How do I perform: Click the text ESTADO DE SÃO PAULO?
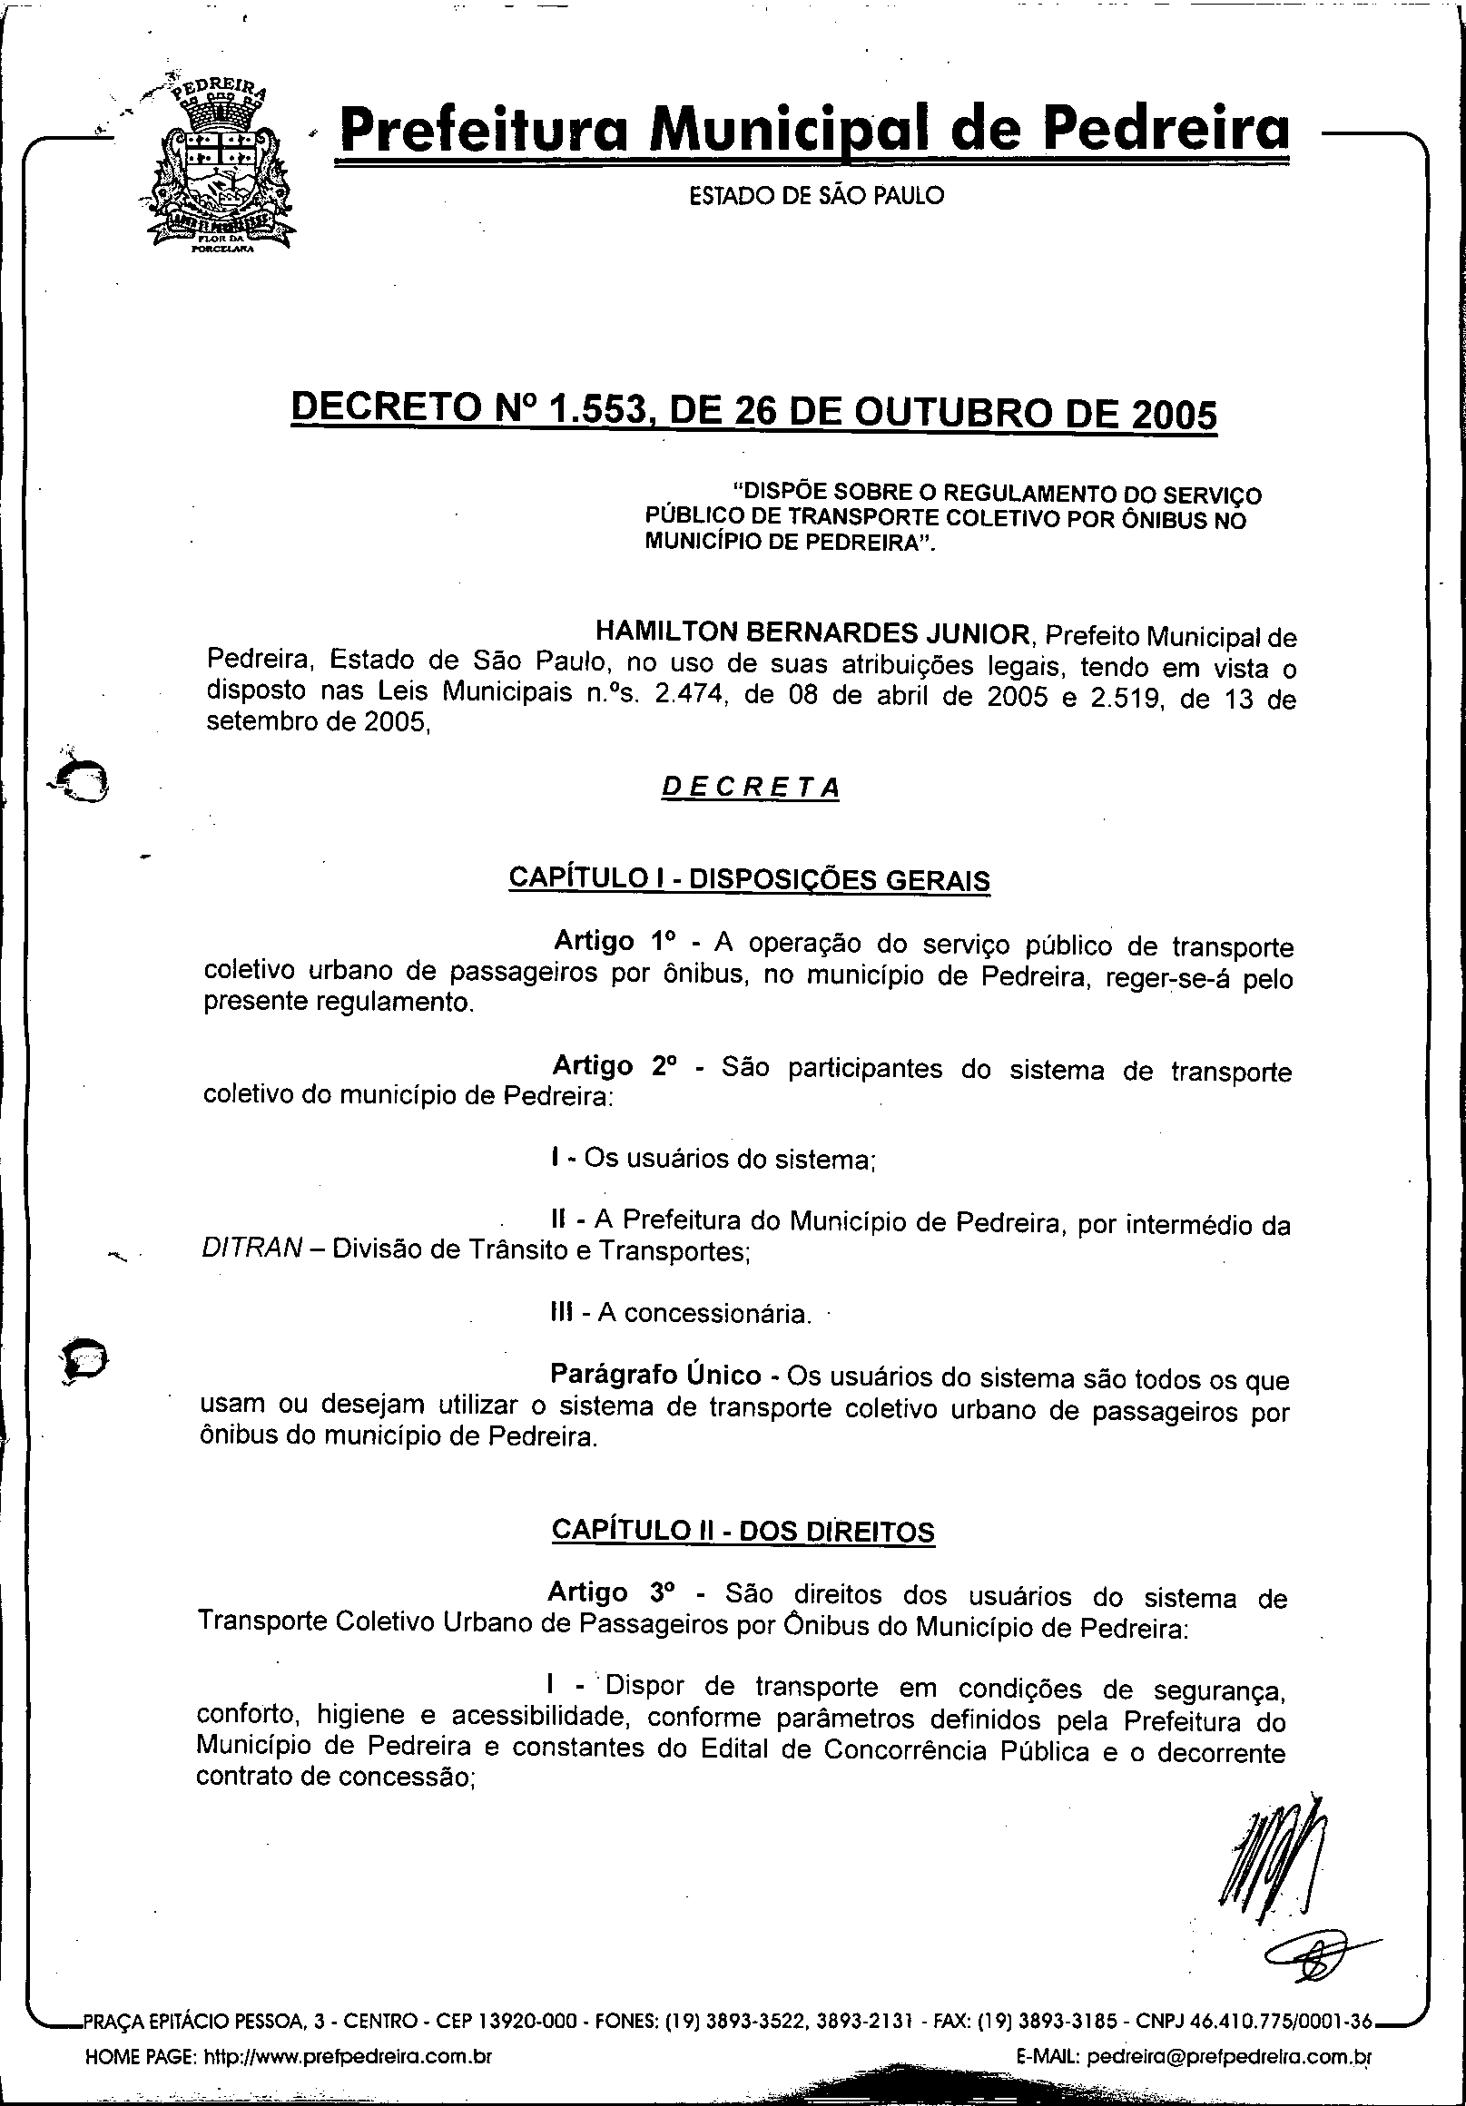point(815,196)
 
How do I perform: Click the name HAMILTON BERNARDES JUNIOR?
point(812,633)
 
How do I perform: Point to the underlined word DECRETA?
point(751,788)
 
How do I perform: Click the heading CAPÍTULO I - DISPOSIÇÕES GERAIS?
point(750,878)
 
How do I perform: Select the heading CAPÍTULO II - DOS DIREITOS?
point(743,1530)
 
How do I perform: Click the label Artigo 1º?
point(614,942)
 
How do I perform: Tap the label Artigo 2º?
point(614,1066)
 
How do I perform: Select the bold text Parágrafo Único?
point(655,1375)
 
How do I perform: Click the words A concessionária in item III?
point(703,1314)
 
